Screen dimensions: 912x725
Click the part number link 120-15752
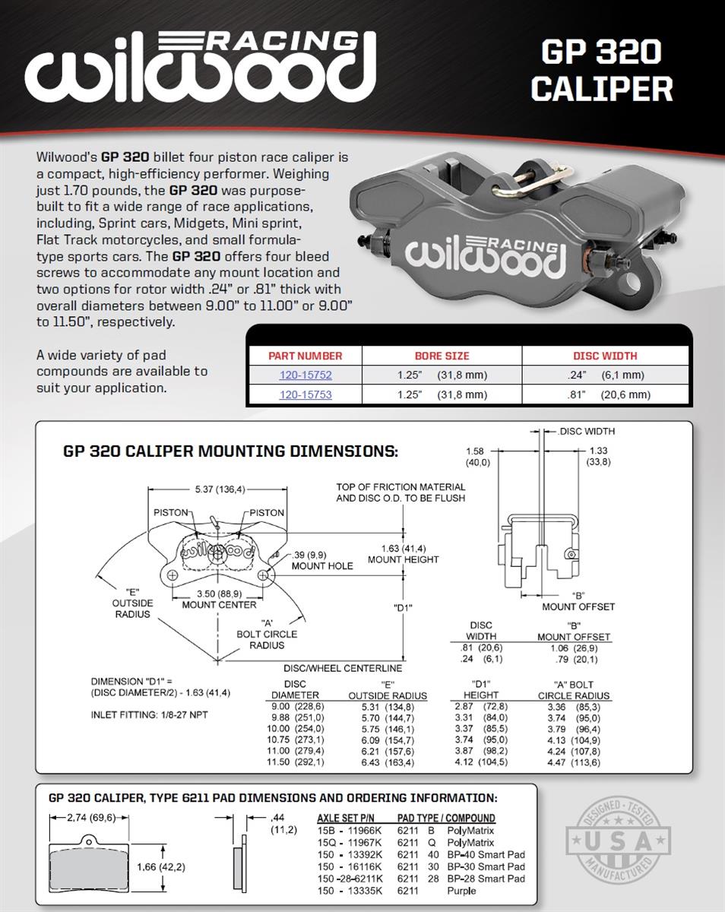point(306,375)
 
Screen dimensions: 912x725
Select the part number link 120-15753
point(306,395)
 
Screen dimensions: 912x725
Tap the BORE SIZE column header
point(442,356)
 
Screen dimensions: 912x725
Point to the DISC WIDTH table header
point(605,356)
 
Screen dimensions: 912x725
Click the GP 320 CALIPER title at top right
point(601,71)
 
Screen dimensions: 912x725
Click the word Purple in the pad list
point(461,891)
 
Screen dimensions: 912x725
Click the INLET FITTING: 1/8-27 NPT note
point(150,715)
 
